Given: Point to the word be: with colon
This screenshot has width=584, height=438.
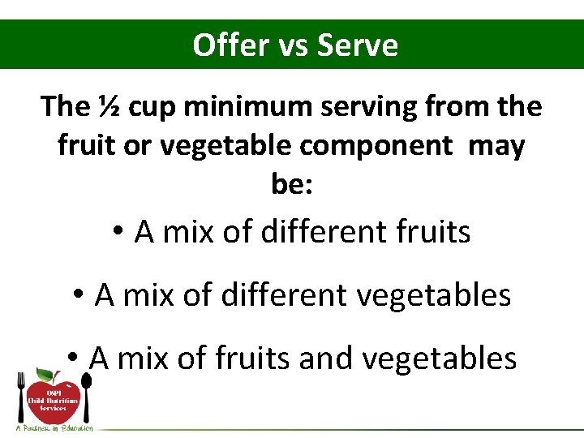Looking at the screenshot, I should [x=292, y=185].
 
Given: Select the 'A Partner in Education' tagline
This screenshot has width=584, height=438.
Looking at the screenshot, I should [x=54, y=427].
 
